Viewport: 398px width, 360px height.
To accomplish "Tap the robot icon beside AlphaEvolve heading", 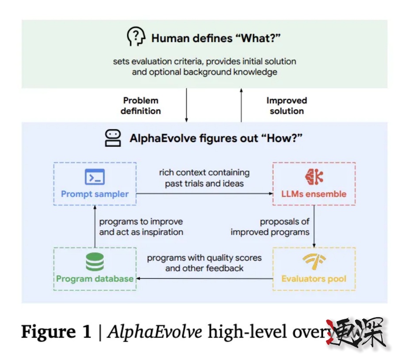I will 113,138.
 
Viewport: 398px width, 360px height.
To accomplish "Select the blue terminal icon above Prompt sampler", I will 95,177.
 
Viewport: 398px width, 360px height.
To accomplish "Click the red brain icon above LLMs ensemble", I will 314,177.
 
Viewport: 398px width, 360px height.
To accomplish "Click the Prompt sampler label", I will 95,194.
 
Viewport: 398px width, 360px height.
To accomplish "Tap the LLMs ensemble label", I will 314,194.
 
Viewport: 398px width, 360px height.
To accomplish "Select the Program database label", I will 95,279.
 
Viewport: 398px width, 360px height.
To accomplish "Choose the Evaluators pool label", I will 314,279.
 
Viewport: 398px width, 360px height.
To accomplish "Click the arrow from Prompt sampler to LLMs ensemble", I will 203,193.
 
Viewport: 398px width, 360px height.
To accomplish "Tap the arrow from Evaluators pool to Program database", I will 203,279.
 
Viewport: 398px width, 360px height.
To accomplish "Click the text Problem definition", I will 141,106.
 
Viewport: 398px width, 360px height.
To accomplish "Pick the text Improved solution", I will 287,106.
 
